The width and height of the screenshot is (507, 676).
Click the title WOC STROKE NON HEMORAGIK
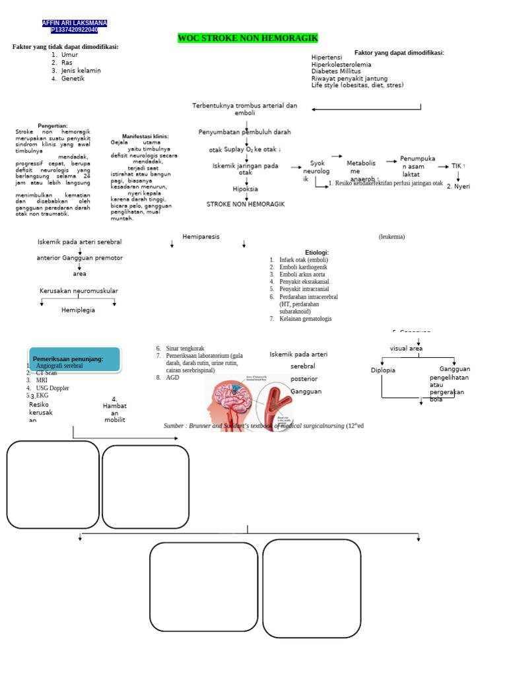248,38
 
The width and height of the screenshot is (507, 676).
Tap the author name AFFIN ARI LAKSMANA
74,23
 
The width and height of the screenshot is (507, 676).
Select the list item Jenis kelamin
81,71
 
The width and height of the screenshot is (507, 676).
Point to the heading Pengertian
53,125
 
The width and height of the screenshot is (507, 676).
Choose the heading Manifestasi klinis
145,136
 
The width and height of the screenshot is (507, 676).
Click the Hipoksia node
245,189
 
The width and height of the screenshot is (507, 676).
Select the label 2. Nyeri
458,186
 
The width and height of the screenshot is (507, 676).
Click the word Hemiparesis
201,236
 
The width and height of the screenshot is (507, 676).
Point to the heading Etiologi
317,252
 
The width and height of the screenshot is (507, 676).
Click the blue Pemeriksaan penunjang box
74,359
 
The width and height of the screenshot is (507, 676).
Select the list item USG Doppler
52,388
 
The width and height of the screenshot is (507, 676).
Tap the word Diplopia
383,370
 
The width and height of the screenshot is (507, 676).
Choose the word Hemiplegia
78,310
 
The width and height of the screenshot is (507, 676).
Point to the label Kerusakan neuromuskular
79,290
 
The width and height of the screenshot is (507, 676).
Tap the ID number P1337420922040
74,30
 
